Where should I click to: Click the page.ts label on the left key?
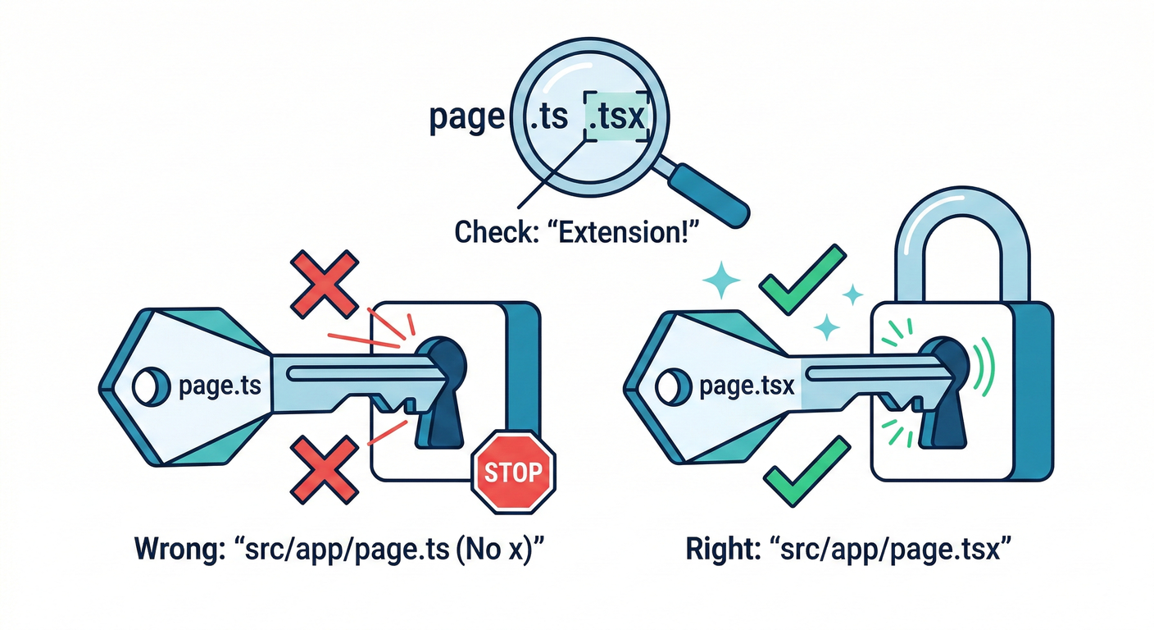click(x=215, y=386)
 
